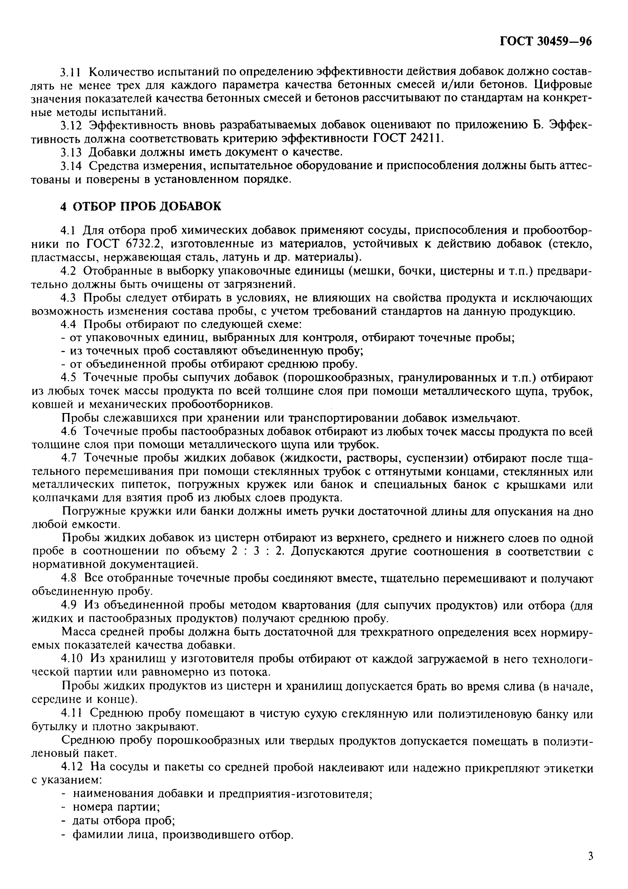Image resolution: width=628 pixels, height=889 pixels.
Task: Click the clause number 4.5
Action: click(70, 378)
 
